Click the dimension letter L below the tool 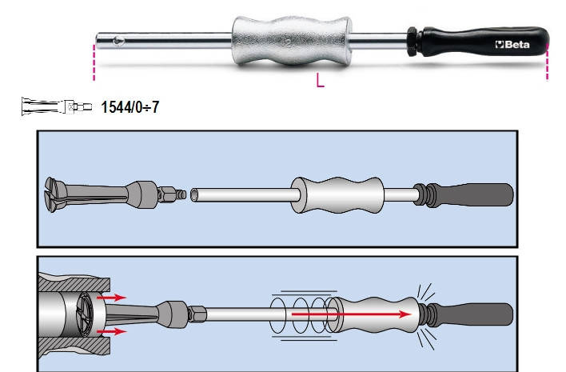pyautogui.click(x=320, y=81)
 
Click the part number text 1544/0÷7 pyautogui.click(x=130, y=106)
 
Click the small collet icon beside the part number pyautogui.click(x=54, y=106)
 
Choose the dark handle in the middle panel pyautogui.click(x=480, y=194)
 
